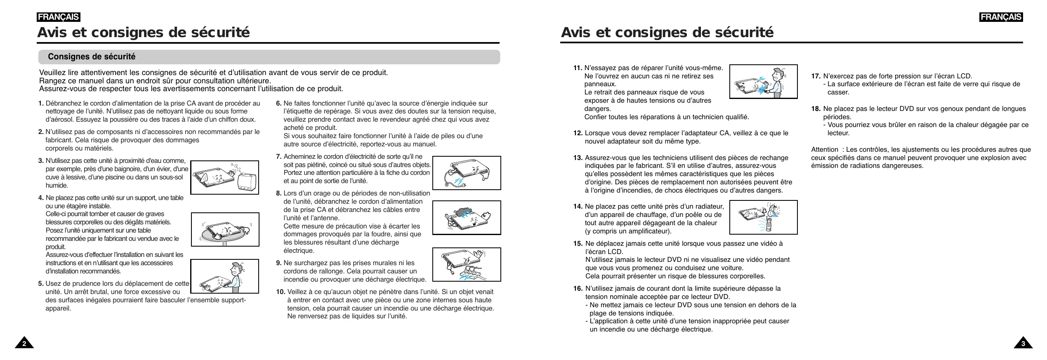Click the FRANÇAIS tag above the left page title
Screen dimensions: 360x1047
[58, 17]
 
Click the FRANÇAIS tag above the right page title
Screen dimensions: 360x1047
[1001, 17]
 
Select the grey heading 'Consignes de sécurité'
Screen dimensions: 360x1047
[92, 57]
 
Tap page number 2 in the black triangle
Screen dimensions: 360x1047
[24, 344]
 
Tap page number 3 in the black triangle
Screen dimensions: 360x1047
[1023, 344]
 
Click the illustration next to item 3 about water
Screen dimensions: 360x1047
[224, 177]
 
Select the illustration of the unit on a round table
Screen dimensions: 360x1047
[225, 229]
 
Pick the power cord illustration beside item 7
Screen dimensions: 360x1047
[466, 173]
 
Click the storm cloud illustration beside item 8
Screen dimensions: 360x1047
[466, 217]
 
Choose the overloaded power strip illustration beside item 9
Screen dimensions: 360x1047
[466, 264]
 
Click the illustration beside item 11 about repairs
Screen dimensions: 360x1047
[763, 82]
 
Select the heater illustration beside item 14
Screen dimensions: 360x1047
[763, 217]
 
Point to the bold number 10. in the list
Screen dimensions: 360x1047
[281, 292]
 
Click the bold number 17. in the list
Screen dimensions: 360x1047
[816, 76]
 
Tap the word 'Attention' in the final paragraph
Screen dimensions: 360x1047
[824, 150]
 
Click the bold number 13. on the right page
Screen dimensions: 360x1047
[578, 158]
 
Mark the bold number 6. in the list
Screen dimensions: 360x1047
[279, 104]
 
